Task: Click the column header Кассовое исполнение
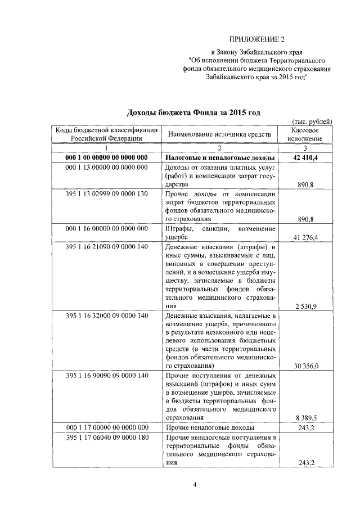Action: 305,133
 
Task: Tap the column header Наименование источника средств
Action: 219,134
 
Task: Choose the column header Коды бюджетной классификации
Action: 106,134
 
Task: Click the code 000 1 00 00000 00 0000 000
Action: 106,157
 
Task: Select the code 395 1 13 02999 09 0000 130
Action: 106,193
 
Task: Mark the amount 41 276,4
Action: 305,238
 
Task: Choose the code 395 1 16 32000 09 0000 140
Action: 106,316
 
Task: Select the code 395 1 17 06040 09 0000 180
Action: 106,437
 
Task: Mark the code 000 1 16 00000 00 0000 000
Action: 106,229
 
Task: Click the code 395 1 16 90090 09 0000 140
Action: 106,375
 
